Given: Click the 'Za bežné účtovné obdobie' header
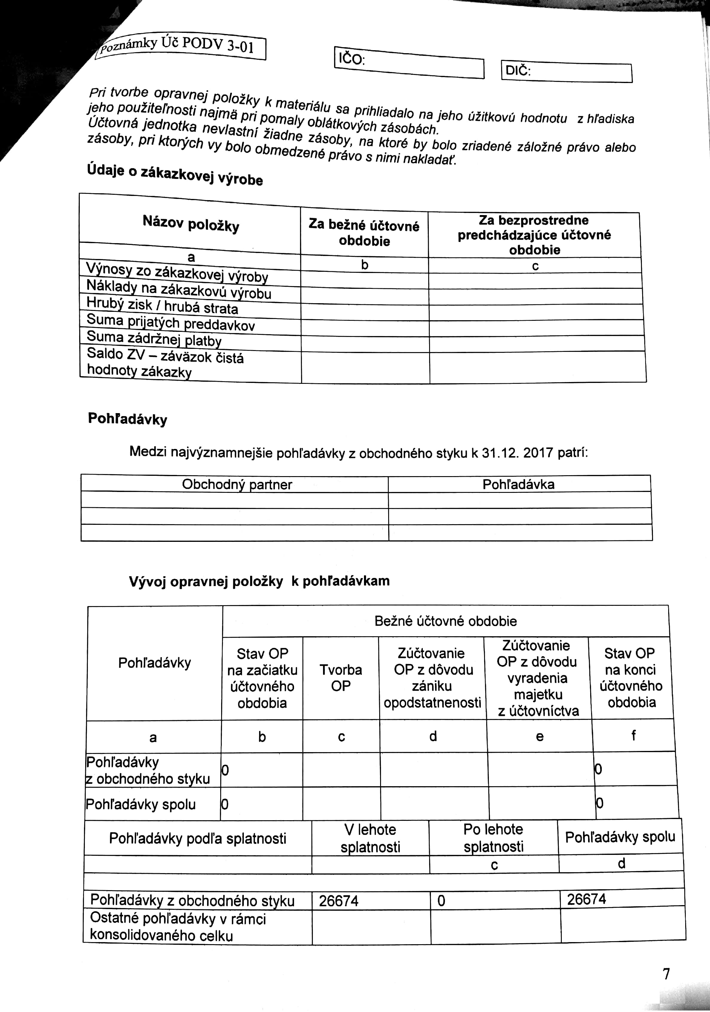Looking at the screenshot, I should pyautogui.click(x=364, y=233).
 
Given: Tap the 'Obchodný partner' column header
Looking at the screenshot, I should pyautogui.click(x=236, y=484).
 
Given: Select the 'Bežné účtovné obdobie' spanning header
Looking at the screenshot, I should pyautogui.click(x=446, y=621).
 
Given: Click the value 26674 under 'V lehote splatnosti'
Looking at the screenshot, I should pyautogui.click(x=339, y=901).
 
